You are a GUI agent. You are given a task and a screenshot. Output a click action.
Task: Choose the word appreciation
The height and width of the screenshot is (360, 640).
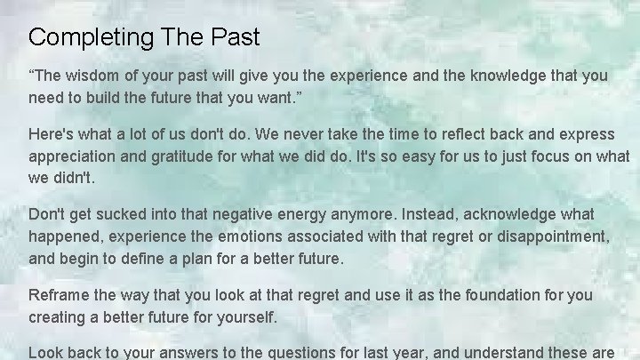(x=76, y=155)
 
